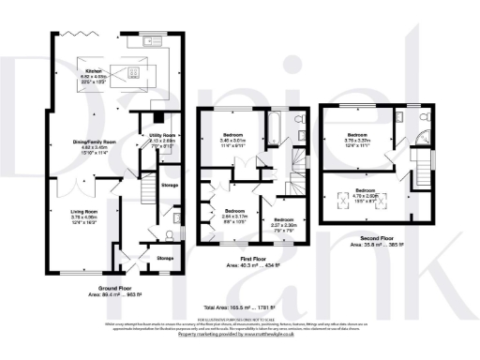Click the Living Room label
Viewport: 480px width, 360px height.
coord(85,216)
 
